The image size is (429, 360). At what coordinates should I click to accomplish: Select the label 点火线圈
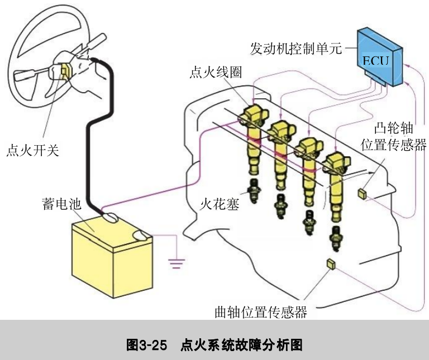[x=215, y=73]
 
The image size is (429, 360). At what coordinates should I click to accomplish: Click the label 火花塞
[x=220, y=204]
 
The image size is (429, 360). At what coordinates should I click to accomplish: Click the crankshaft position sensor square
[x=330, y=264]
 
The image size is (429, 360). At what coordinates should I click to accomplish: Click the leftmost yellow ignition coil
[x=252, y=140]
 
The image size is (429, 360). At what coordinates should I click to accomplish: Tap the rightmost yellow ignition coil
[x=337, y=179]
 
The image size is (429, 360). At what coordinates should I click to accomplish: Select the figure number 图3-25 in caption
[x=147, y=343]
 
